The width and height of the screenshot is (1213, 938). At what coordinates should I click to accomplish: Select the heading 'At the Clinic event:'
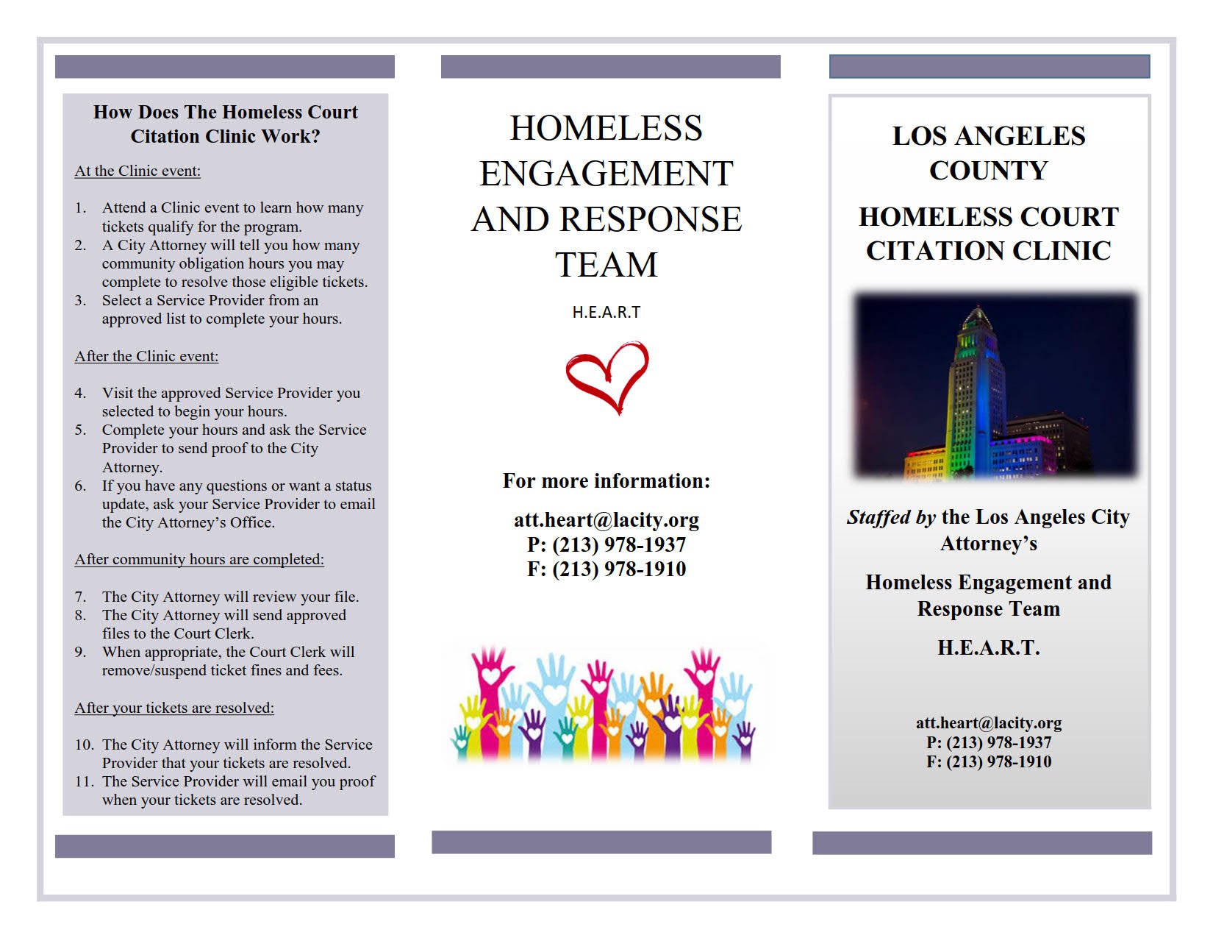point(137,171)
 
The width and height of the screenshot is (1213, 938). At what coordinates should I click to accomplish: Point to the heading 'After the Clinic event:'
point(146,356)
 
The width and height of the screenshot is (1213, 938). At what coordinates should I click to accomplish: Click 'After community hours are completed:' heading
point(199,559)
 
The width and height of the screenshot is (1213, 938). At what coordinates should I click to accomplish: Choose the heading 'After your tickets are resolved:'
point(174,708)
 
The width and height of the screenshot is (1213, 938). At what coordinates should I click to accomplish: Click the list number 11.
point(84,781)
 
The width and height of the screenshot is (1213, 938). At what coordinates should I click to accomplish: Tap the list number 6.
point(80,486)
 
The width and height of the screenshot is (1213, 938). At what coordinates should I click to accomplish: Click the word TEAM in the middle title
point(606,265)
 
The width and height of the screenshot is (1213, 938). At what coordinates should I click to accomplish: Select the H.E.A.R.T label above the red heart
point(606,312)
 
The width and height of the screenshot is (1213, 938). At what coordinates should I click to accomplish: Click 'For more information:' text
point(606,481)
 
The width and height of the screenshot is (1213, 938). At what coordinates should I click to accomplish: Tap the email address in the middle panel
point(606,520)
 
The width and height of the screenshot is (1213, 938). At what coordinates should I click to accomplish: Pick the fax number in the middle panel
point(606,569)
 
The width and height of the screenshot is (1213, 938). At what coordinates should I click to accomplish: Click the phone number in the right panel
point(989,742)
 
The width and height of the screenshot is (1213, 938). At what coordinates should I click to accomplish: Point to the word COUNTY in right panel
point(989,171)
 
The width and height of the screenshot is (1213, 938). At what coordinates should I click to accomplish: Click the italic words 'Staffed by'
point(891,517)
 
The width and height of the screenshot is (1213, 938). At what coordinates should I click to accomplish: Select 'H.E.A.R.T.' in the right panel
point(989,647)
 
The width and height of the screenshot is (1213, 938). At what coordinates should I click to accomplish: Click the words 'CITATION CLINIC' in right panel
point(989,251)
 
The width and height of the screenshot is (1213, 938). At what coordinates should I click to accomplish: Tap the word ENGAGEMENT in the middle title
point(606,174)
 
